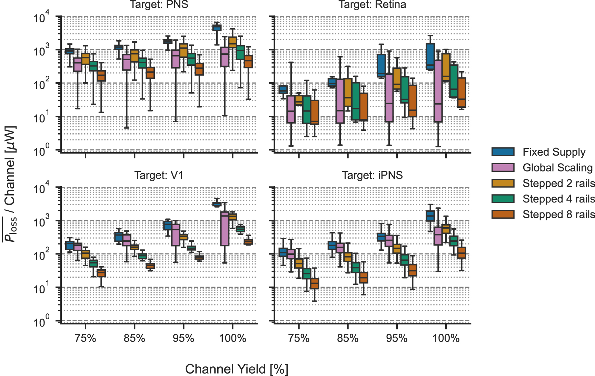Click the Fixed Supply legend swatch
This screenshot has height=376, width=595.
[x=503, y=152]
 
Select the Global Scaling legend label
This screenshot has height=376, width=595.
[x=557, y=168]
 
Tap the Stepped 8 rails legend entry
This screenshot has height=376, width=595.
[x=558, y=215]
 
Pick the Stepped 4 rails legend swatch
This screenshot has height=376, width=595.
[x=503, y=199]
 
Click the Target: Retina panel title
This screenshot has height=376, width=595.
[x=372, y=4]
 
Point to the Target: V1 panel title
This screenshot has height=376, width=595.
[x=159, y=175]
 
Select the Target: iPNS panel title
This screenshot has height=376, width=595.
[x=372, y=175]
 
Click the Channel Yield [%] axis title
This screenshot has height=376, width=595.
[x=237, y=369]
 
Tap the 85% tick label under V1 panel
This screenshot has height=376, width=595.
[x=134, y=338]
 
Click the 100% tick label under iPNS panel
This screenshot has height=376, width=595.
[x=446, y=338]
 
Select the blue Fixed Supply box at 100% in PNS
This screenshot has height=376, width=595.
[x=217, y=28]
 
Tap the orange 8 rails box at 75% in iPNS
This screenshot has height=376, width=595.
[x=315, y=283]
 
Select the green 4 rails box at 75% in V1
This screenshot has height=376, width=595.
[x=93, y=263]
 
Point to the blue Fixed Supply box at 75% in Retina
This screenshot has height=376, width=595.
[x=283, y=90]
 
